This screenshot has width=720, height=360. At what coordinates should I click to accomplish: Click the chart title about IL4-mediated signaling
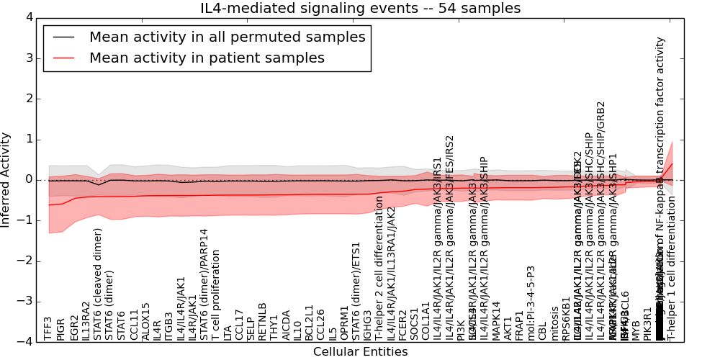360,9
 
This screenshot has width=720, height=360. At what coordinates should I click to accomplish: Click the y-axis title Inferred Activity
6,179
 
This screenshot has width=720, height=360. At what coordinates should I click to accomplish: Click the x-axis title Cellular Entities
360,352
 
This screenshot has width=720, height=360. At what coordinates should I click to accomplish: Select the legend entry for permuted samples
227,37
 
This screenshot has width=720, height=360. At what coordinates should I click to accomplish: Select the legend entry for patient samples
207,58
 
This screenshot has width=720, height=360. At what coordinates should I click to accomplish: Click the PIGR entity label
60,329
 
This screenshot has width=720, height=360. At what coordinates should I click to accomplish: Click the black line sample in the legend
63,37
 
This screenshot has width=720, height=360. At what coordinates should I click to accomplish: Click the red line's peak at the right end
672,163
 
